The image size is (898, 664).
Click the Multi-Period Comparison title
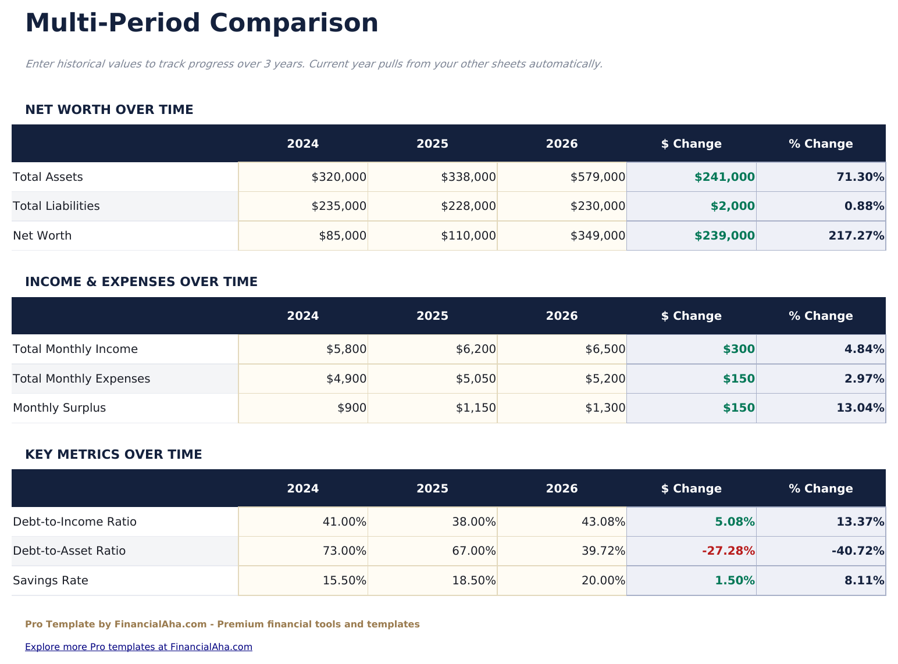point(202,24)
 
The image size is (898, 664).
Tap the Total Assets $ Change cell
point(724,177)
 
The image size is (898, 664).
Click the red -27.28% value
point(728,551)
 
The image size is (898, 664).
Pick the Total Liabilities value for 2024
point(338,206)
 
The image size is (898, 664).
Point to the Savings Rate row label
point(51,580)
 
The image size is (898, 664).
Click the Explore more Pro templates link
point(138,647)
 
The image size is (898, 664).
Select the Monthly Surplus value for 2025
point(475,408)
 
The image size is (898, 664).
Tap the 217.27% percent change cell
point(856,235)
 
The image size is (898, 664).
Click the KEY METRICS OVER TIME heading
point(113,455)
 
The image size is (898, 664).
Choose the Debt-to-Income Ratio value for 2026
point(603,522)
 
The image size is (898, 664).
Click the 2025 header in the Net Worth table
point(432,144)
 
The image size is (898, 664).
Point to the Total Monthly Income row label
point(75,349)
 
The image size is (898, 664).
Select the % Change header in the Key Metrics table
point(821,488)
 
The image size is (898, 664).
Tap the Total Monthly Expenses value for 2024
point(346,379)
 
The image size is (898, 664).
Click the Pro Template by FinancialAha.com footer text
point(222,624)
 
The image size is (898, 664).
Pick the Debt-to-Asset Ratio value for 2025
point(473,551)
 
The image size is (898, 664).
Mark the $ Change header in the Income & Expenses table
point(691,316)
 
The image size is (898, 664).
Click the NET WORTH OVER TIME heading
point(109,110)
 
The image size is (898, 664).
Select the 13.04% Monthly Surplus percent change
point(860,408)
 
